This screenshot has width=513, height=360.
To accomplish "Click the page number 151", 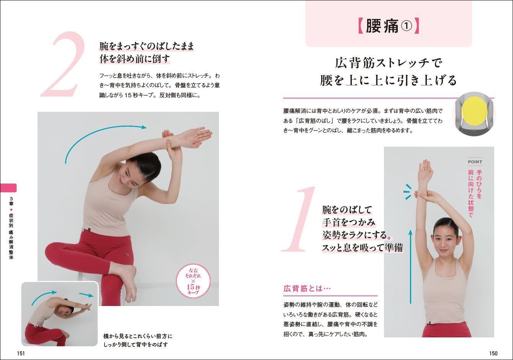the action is click(21, 353).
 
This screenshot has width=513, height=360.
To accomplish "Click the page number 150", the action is click(493, 353).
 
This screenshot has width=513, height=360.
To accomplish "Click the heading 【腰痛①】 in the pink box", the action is click(389, 26).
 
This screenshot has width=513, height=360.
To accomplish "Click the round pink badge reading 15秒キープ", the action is click(193, 281).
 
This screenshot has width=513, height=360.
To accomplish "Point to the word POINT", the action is click(475, 162).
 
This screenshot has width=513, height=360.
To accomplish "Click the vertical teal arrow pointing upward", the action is click(411, 267).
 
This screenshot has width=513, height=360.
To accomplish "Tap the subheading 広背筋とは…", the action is click(307, 288).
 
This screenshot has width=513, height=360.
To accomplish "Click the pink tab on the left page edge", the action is click(8, 188).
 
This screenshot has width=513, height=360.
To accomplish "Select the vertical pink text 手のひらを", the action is click(479, 184).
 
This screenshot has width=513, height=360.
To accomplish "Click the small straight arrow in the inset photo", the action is click(87, 295).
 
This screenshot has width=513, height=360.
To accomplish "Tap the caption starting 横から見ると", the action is click(137, 340).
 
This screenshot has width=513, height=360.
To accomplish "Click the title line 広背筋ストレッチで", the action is click(389, 63).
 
